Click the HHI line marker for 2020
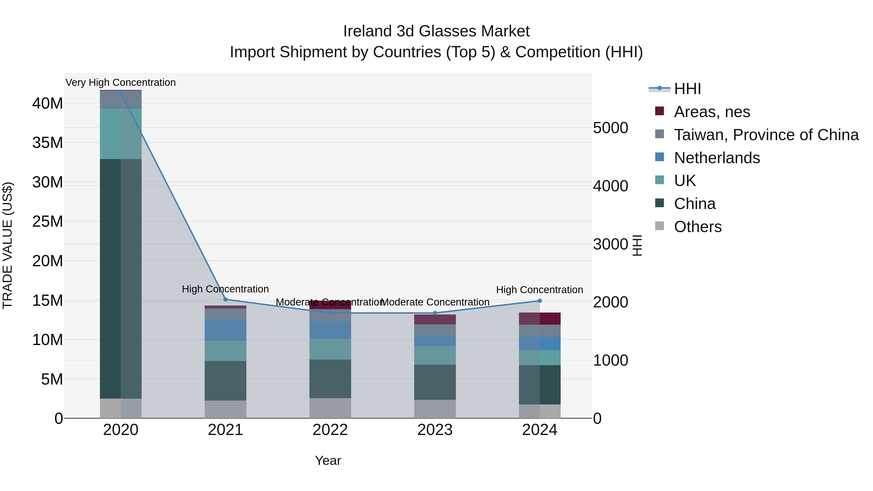click(121, 93)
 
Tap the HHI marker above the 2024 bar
click(540, 301)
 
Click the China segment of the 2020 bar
click(121, 278)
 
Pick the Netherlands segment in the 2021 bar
click(225, 330)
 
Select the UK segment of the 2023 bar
click(435, 355)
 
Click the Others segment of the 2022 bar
click(330, 408)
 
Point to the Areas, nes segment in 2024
click(540, 319)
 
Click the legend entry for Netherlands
click(717, 158)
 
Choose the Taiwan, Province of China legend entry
click(766, 135)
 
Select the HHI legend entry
click(687, 89)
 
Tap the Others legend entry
click(697, 227)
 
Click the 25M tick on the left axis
click(48, 222)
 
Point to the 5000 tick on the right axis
click(610, 128)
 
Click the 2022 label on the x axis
click(330, 430)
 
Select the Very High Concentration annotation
click(121, 82)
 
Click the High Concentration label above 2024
click(540, 290)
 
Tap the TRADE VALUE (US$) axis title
click(8, 245)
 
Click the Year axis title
click(328, 460)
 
